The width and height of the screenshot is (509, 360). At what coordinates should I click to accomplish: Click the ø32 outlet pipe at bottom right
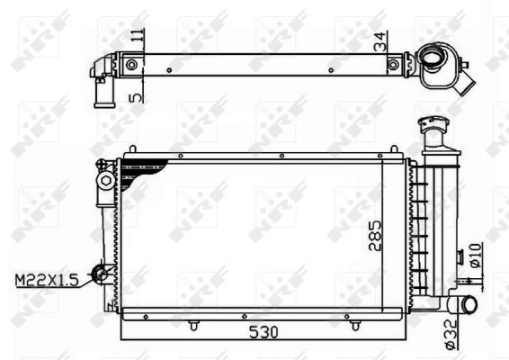tap(467, 305)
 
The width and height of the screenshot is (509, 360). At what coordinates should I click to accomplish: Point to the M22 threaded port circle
tap(105, 273)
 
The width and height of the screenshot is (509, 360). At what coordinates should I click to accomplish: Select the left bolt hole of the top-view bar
tap(132, 65)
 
